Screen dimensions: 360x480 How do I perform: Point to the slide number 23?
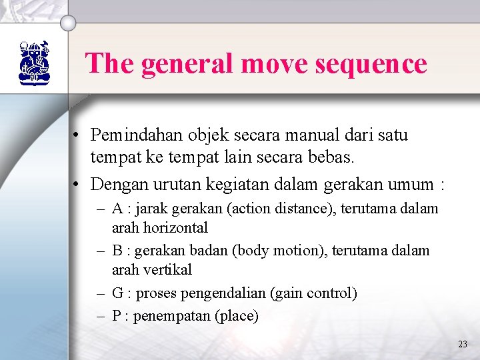(463, 344)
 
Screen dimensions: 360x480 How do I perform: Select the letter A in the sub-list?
(117, 209)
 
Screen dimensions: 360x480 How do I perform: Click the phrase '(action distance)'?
(282, 209)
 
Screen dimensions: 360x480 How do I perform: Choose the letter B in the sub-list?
(117, 251)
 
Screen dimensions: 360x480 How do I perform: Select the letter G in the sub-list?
(117, 293)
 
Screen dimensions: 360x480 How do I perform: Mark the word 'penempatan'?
(171, 315)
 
